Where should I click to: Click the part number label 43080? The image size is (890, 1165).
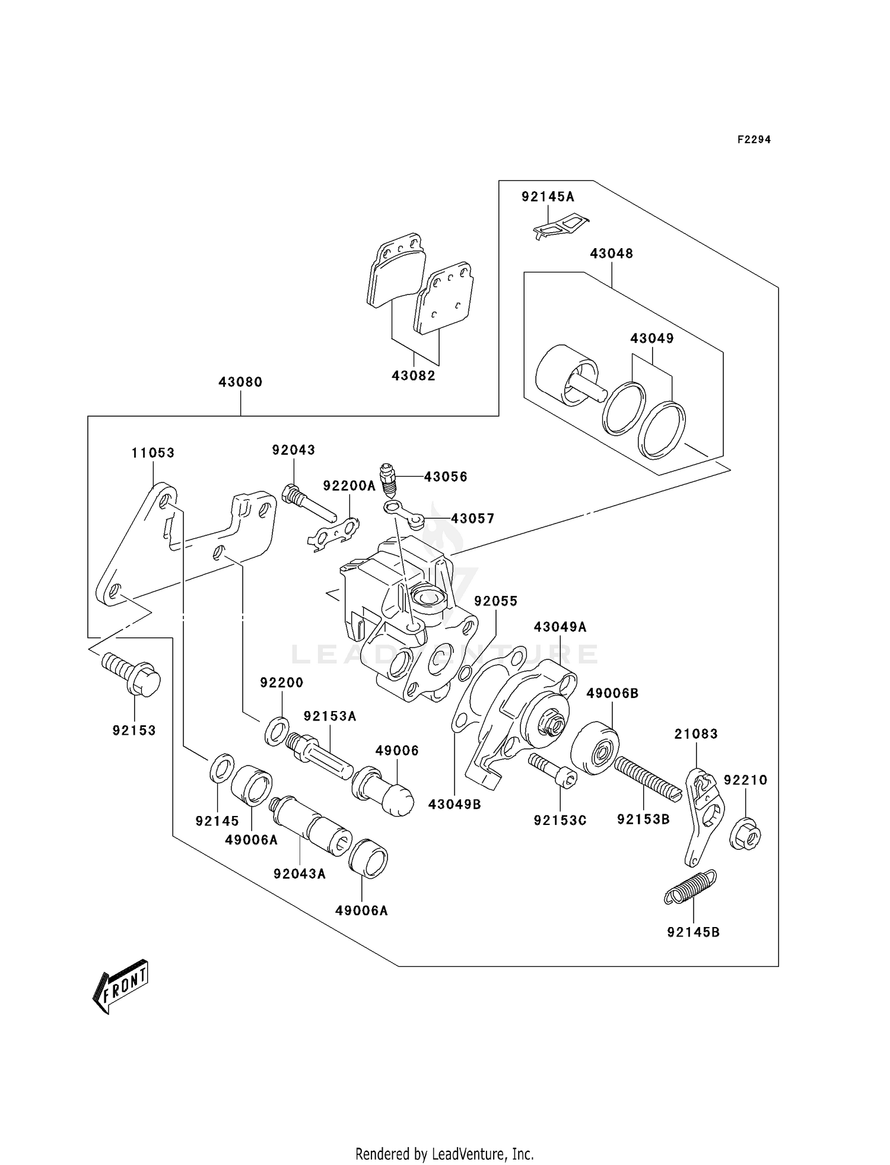pyautogui.click(x=240, y=382)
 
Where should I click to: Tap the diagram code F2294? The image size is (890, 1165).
pyautogui.click(x=754, y=139)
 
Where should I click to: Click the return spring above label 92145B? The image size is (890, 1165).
pyautogui.click(x=690, y=887)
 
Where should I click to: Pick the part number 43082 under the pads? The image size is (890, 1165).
pyautogui.click(x=414, y=376)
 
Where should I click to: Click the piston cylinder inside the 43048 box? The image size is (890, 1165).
pyautogui.click(x=568, y=375)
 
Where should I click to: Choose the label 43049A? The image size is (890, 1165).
pyautogui.click(x=560, y=627)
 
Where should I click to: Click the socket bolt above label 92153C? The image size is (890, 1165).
pyautogui.click(x=552, y=770)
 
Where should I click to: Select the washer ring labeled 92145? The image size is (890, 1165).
pyautogui.click(x=222, y=769)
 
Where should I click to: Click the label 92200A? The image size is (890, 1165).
pyautogui.click(x=349, y=486)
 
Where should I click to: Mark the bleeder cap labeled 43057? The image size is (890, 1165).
pyautogui.click(x=403, y=513)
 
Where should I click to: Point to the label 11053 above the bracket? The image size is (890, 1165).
pyautogui.click(x=153, y=453)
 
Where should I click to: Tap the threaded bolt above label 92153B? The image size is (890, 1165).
pyautogui.click(x=644, y=776)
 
